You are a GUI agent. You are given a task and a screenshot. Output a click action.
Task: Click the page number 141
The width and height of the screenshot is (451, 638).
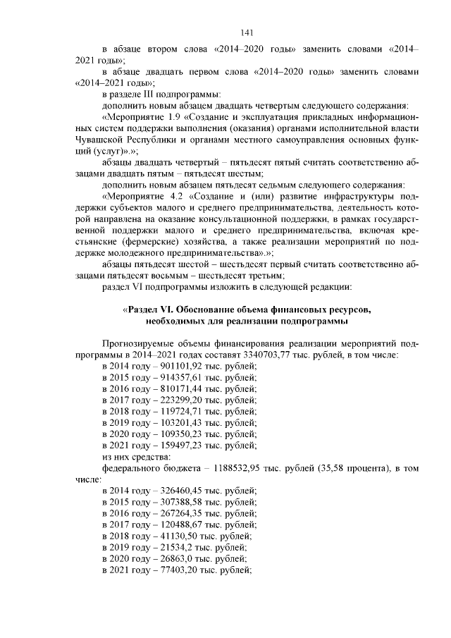pyautogui.click(x=246, y=33)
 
